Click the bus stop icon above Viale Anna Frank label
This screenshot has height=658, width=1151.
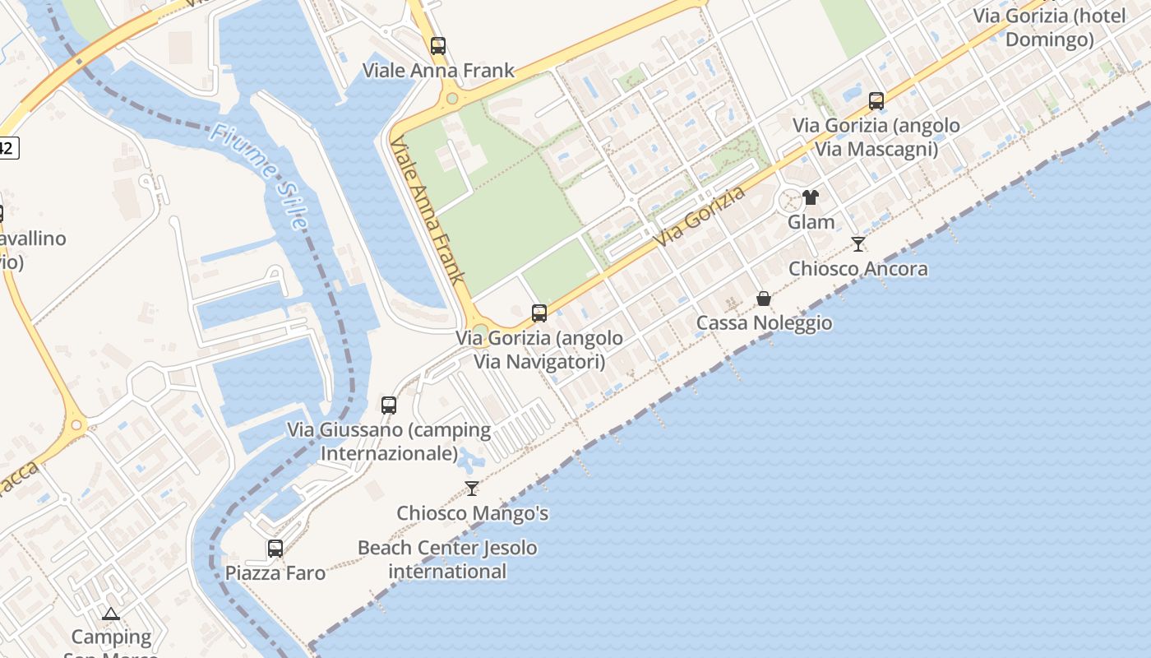pyautogui.click(x=438, y=46)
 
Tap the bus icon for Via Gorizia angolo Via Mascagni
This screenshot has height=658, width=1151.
pyautogui.click(x=876, y=101)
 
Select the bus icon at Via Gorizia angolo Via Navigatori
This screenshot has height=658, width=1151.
pyautogui.click(x=539, y=313)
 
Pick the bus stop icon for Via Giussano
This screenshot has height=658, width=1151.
pyautogui.click(x=389, y=405)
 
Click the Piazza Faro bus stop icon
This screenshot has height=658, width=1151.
pyautogui.click(x=275, y=548)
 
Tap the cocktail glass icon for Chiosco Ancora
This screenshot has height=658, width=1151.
pyautogui.click(x=858, y=243)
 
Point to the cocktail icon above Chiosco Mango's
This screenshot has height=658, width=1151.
pyautogui.click(x=472, y=489)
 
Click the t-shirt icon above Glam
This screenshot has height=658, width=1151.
pyautogui.click(x=811, y=197)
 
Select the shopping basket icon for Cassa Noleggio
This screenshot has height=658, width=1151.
pyautogui.click(x=764, y=298)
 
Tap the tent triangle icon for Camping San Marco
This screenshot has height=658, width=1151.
pyautogui.click(x=111, y=614)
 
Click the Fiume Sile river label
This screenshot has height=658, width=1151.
pyautogui.click(x=258, y=175)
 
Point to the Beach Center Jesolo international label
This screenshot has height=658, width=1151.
pyautogui.click(x=447, y=559)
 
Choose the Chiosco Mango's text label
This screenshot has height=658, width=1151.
pyautogui.click(x=472, y=513)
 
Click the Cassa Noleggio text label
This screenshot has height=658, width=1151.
pyautogui.click(x=764, y=322)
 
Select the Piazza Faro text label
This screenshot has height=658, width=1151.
pyautogui.click(x=275, y=572)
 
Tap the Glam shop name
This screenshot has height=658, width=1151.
pyautogui.click(x=811, y=222)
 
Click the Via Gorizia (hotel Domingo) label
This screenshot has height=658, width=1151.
pyautogui.click(x=1049, y=27)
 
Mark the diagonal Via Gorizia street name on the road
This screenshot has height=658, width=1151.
pyautogui.click(x=701, y=217)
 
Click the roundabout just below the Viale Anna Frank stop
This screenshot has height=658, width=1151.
pyautogui.click(x=451, y=100)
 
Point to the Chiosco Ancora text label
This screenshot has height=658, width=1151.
pyautogui.click(x=858, y=268)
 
